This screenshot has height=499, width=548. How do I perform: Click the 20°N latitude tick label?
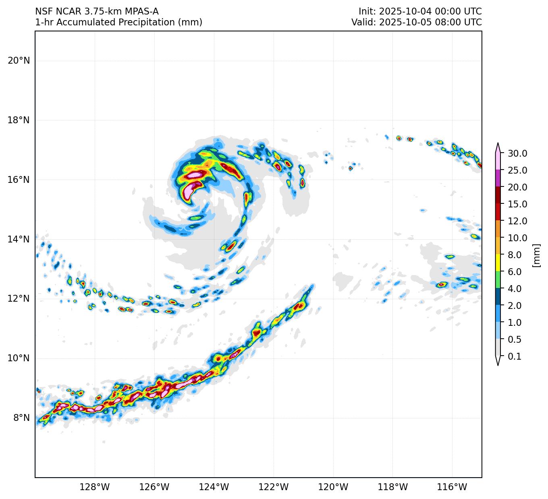pyautogui.click(x=19, y=61)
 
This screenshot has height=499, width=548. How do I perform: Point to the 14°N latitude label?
pyautogui.click(x=19, y=240)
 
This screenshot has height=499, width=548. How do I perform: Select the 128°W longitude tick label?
pyautogui.click(x=95, y=487)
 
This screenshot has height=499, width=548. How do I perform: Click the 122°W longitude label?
pyautogui.click(x=274, y=487)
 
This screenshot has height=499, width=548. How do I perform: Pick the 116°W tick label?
pyautogui.click(x=452, y=487)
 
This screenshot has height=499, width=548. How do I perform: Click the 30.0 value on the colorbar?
pyautogui.click(x=517, y=153)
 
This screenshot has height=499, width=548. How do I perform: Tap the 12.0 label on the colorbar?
pyautogui.click(x=517, y=221)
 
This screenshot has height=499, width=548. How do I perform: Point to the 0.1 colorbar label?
pyautogui.click(x=515, y=356)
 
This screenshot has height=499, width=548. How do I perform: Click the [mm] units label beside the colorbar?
pyautogui.click(x=536, y=255)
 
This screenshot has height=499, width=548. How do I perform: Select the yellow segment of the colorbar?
pyautogui.click(x=498, y=263)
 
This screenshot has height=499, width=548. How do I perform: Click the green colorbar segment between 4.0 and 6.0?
pyautogui.click(x=498, y=280)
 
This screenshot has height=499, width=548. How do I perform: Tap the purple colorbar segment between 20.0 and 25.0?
pyautogui.click(x=498, y=178)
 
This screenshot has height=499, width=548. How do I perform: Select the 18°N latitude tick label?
pyautogui.click(x=19, y=120)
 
